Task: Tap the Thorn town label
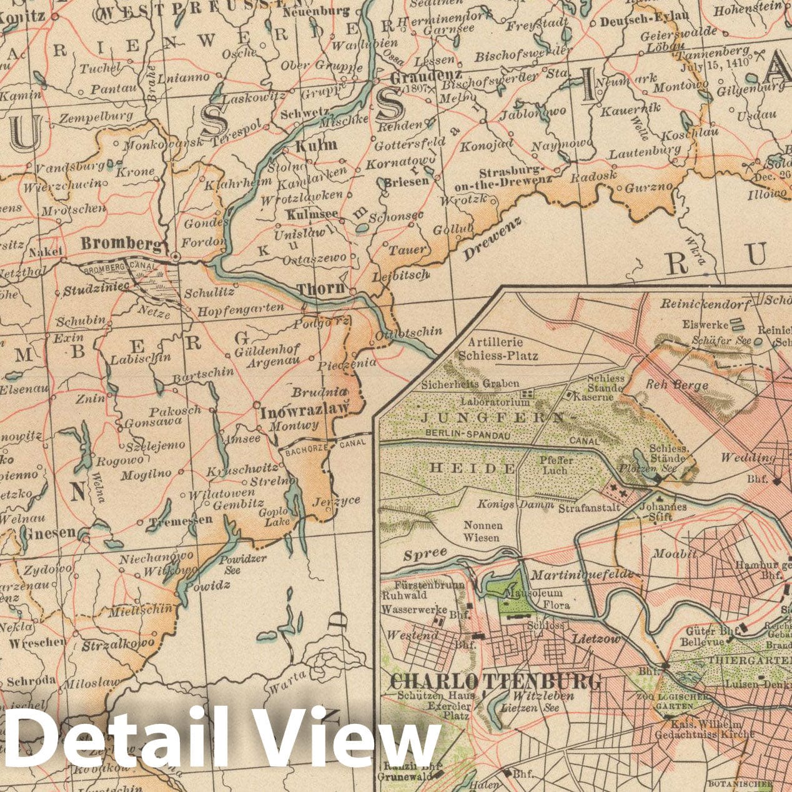tap(320, 289)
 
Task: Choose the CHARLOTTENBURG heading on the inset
tap(496, 680)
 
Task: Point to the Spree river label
tap(425, 553)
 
